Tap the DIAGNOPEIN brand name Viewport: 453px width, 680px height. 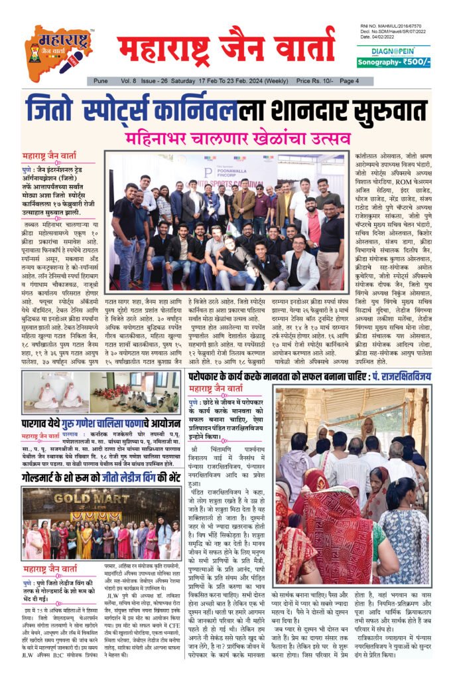[x=393, y=50]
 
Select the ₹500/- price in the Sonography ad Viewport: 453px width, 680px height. [x=415, y=62]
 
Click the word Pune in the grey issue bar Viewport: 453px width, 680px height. [x=101, y=81]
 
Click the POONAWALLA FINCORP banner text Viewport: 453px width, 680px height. [x=224, y=166]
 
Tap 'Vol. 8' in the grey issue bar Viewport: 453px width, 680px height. [x=129, y=81]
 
